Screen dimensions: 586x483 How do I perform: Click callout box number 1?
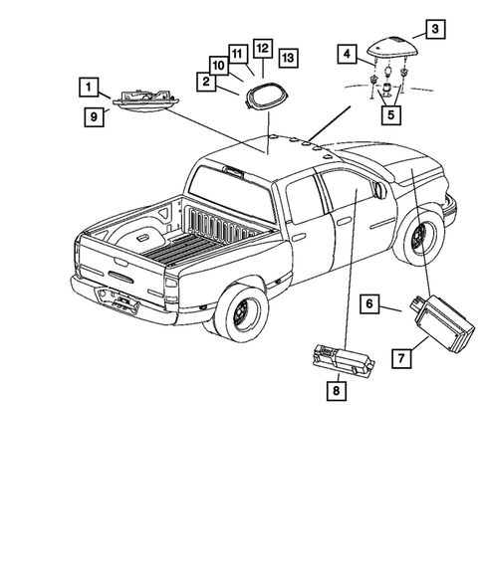[90, 86]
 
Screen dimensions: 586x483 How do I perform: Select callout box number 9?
[90, 115]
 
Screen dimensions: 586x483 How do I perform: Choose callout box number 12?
[261, 47]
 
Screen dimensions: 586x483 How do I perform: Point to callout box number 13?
[287, 56]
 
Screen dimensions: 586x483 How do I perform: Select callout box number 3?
[435, 28]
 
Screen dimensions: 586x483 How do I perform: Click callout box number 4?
[346, 53]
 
